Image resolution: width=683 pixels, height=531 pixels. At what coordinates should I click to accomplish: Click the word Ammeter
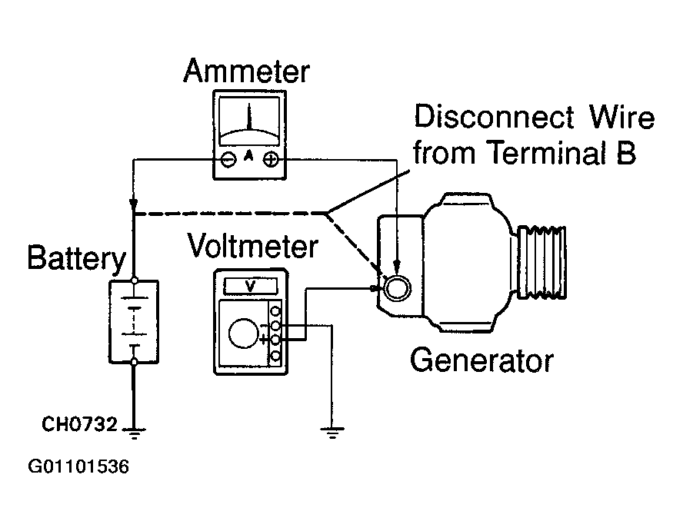(x=247, y=71)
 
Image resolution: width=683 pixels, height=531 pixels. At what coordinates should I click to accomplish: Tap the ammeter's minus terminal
(x=228, y=160)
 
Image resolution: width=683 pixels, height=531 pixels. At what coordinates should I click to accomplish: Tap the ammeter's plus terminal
(x=271, y=160)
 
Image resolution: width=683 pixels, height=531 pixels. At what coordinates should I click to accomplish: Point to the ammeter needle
(x=250, y=117)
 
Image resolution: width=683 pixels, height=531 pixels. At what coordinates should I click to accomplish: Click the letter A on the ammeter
(x=248, y=155)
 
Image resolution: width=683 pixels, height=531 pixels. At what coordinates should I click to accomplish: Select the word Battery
(x=77, y=259)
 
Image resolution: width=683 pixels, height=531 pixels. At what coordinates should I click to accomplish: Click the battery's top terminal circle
(x=135, y=280)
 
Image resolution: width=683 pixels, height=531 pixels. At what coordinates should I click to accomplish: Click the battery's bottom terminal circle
(x=135, y=362)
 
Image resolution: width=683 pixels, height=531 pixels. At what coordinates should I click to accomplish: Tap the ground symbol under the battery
(x=134, y=433)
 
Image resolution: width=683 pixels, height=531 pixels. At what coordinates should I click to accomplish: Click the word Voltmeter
(x=252, y=246)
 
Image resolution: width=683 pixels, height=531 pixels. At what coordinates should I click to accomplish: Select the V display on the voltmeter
(x=251, y=287)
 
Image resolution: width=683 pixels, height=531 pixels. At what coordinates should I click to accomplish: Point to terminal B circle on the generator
(x=396, y=287)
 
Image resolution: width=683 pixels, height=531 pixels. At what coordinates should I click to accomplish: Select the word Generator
(x=481, y=361)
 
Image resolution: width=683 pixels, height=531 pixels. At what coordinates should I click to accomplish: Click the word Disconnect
(x=494, y=117)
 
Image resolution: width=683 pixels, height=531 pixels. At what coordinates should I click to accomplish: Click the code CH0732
(x=79, y=424)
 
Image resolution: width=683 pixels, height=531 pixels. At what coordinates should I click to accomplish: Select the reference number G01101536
(x=78, y=467)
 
